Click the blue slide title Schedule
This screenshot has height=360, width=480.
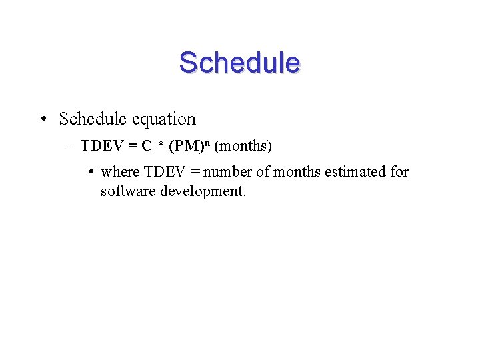[239, 63]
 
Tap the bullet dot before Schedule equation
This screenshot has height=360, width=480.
[42, 120]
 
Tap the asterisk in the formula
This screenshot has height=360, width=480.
[161, 146]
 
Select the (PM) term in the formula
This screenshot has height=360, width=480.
[187, 145]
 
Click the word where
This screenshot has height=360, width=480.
[120, 172]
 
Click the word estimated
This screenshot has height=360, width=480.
[355, 172]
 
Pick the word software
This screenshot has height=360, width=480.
[127, 192]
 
